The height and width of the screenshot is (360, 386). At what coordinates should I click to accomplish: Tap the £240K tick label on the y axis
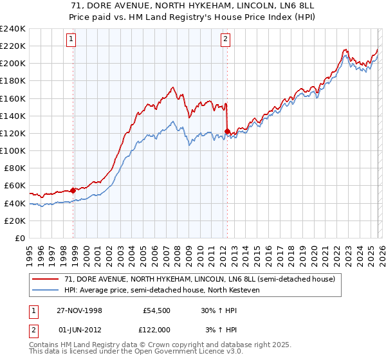tap(13, 29)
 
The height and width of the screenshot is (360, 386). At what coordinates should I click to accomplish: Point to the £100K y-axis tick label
tap(13, 150)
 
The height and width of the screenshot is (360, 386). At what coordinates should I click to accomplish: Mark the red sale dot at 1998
tap(73, 190)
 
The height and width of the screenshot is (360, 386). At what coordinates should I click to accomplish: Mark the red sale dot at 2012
tap(227, 131)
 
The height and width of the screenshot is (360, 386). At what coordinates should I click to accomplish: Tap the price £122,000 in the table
tap(156, 328)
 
